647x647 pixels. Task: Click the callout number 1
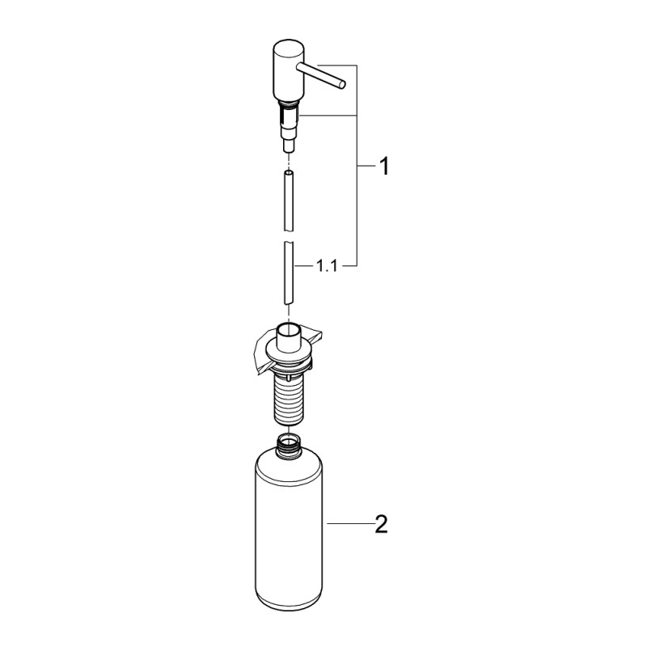click(383, 167)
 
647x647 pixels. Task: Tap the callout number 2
click(382, 525)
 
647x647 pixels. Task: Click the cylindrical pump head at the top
click(285, 72)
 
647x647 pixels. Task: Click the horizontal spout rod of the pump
click(322, 74)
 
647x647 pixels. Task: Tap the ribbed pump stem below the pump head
click(288, 121)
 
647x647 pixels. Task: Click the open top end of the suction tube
click(289, 172)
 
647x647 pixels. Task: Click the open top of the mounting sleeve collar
click(289, 327)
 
